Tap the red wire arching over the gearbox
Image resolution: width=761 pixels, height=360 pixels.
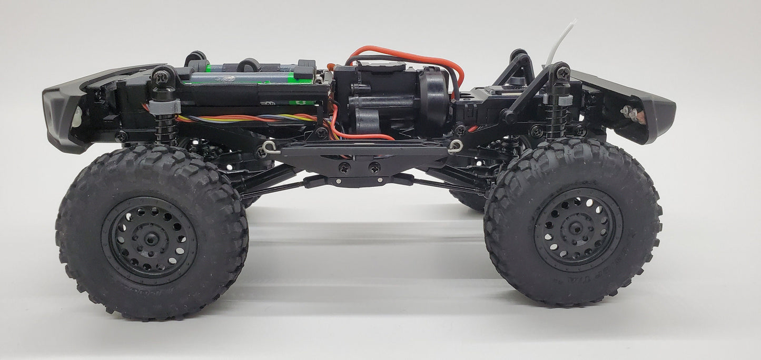click(406, 52)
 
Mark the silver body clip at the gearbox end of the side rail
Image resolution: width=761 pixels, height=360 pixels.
click(456, 146)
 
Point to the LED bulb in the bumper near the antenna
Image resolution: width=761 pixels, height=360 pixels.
click(628, 112)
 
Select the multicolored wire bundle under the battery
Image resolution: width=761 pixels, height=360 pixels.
click(242, 118)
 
